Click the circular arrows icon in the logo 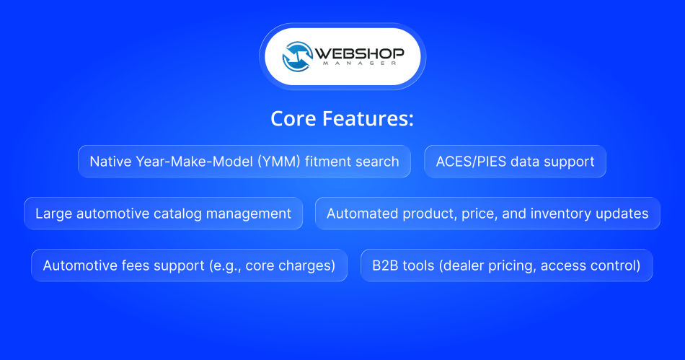296,56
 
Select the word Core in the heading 294,118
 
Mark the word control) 615,265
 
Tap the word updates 624,214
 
